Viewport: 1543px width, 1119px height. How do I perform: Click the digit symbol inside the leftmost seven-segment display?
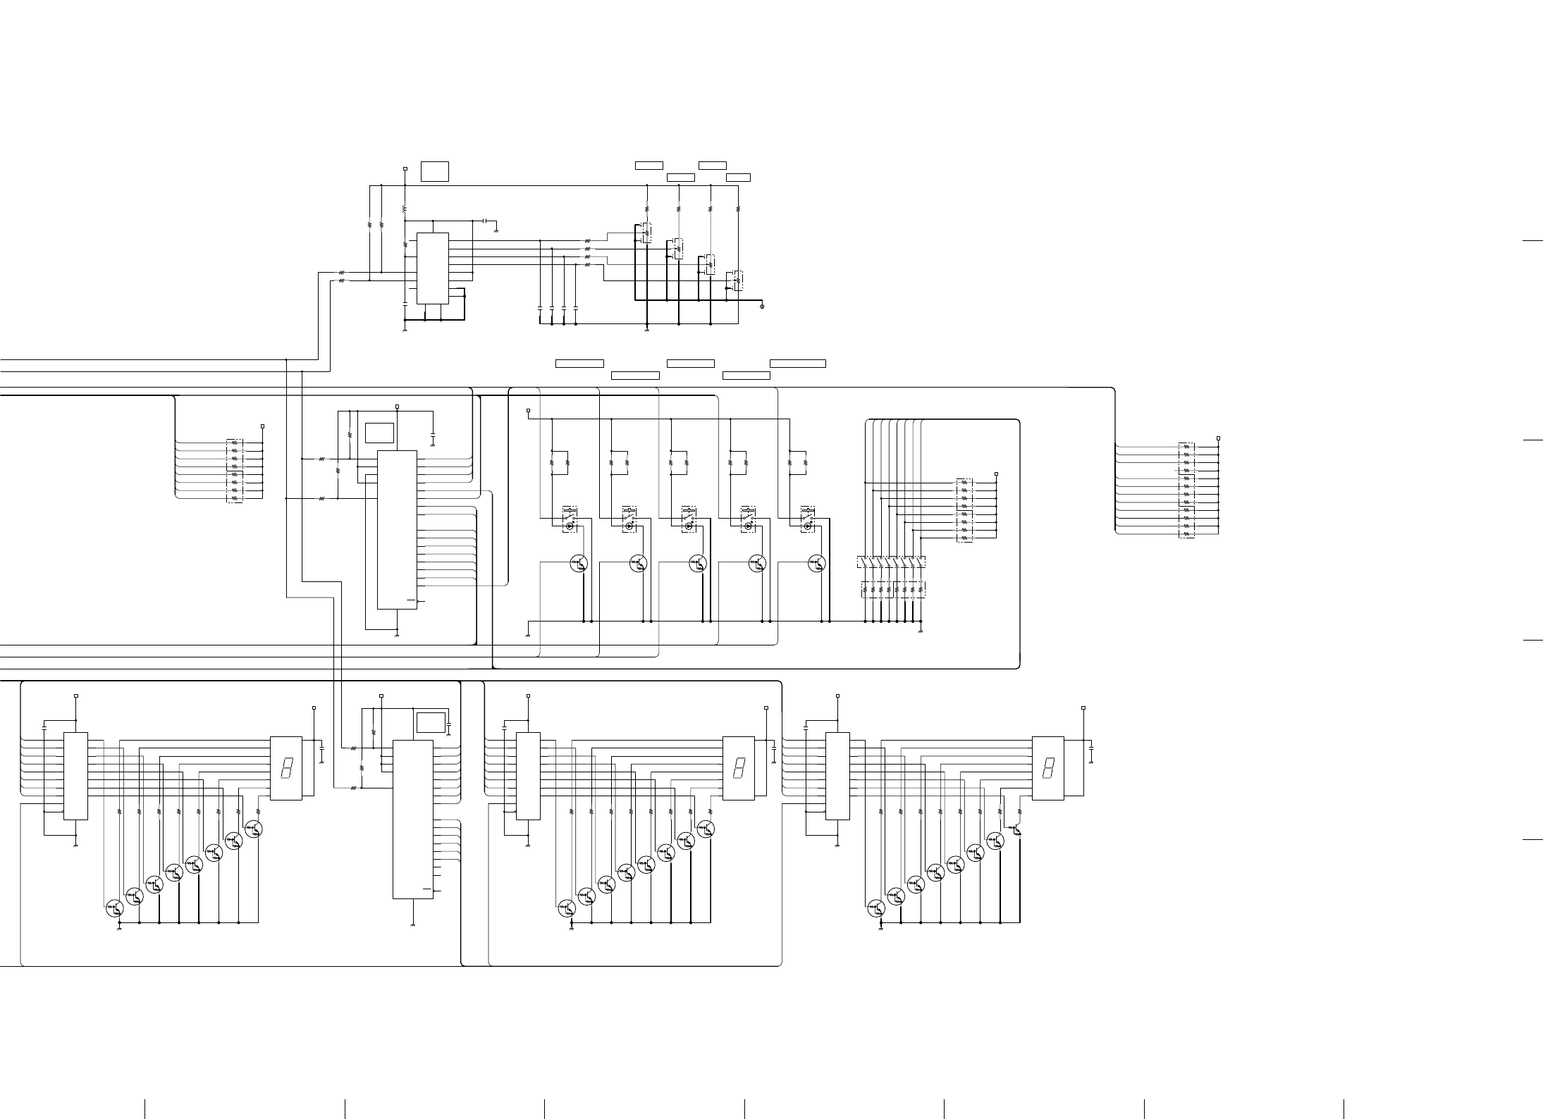click(286, 767)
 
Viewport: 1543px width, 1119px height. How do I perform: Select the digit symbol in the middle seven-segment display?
click(738, 767)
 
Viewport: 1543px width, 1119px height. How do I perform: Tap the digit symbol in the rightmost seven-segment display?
click(1048, 767)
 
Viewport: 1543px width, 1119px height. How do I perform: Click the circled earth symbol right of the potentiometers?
click(763, 306)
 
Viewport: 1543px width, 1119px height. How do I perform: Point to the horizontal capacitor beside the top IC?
click(486, 221)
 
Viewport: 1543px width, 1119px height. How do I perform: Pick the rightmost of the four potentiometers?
click(737, 280)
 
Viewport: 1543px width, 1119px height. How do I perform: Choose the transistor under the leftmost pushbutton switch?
click(579, 563)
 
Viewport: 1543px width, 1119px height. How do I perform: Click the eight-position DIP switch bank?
click(891, 562)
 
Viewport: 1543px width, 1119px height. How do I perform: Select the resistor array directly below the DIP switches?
click(892, 589)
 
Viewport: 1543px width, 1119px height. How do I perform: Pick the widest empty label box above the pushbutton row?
click(798, 364)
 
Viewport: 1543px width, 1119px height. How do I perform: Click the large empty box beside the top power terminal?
click(434, 171)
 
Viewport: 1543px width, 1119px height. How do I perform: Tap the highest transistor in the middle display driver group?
click(705, 829)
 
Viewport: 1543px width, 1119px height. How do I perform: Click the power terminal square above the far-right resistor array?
click(1218, 438)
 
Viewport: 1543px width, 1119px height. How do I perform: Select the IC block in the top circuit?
click(433, 268)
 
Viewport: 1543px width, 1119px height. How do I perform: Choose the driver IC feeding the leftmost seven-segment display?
click(76, 776)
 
